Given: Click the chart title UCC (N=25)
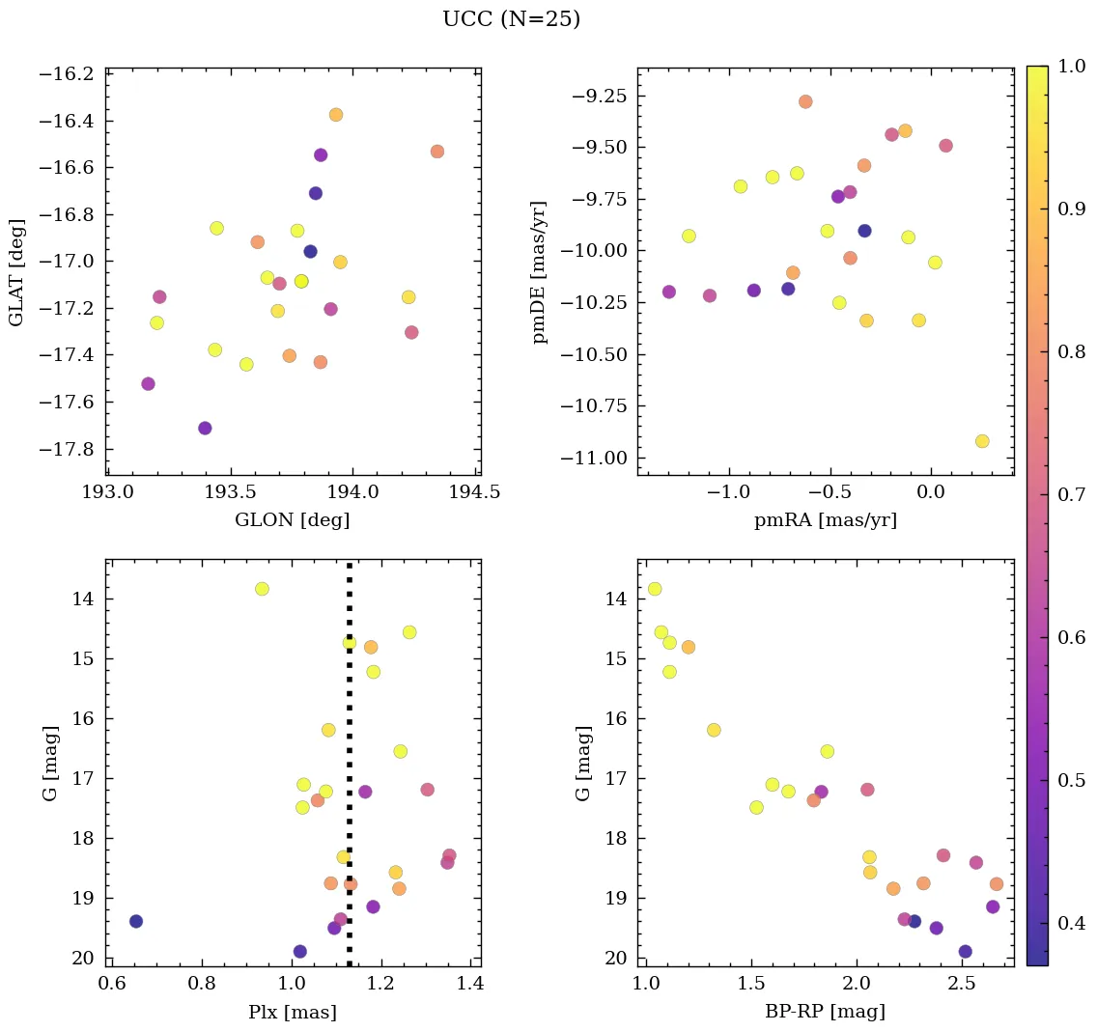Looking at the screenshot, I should pos(511,19).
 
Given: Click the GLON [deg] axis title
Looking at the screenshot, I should pos(293,520).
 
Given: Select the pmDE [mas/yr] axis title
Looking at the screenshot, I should pos(541,271).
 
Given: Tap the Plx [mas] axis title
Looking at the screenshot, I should pos(293,1012).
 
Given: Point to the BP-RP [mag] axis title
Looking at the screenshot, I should pos(825,1012).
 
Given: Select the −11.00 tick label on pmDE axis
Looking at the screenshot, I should pos(596,458).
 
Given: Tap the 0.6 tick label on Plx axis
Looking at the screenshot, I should pos(113,985).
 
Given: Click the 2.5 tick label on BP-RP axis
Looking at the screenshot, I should pos(961,985).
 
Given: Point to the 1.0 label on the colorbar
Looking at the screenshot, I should pos(1073,66).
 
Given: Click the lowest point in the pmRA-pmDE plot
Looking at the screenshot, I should pos(982,441).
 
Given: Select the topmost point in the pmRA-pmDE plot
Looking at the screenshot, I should pos(805,101).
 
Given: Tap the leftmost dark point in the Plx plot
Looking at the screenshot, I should pos(136,921).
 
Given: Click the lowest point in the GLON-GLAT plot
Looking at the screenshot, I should pos(205,428).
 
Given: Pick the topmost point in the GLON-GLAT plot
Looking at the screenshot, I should pos(336,115).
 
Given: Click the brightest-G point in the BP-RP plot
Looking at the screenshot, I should pos(655,589).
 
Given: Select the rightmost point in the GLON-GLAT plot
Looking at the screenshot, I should pos(437,152).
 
